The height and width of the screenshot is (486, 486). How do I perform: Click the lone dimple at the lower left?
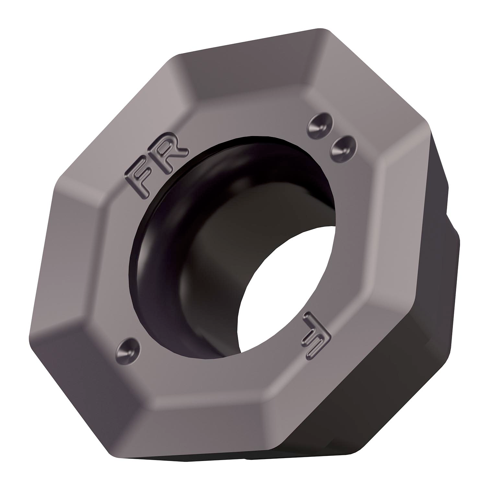pos(128,350)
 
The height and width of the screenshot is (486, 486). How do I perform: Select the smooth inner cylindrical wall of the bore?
pos(207,259)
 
